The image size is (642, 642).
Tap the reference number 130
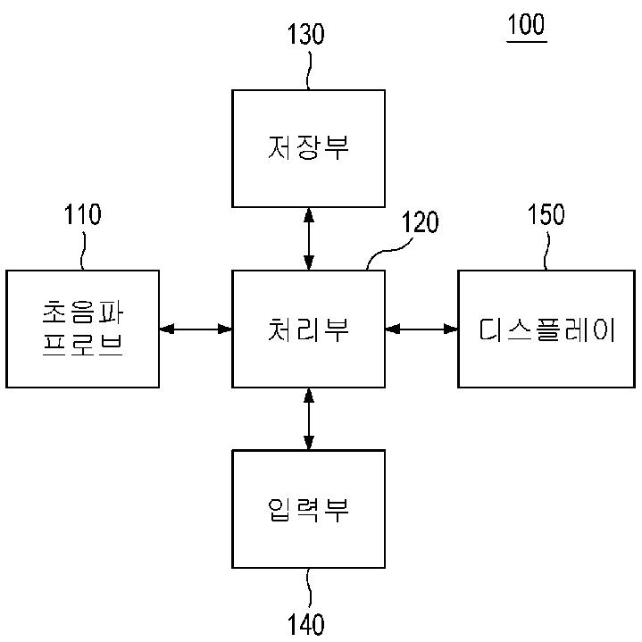click(x=305, y=34)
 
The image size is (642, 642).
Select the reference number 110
click(x=82, y=214)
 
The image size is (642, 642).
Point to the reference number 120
click(x=420, y=222)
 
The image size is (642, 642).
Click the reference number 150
click(x=546, y=214)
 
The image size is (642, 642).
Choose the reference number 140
click(x=305, y=624)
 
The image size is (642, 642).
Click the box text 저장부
click(x=308, y=148)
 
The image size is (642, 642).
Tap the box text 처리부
click(x=308, y=329)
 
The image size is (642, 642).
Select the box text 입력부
click(x=308, y=510)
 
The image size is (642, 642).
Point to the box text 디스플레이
click(x=546, y=329)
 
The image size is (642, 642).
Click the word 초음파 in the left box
click(x=82, y=313)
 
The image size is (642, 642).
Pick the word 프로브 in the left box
click(x=82, y=346)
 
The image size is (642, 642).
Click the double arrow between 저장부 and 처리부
click(x=309, y=238)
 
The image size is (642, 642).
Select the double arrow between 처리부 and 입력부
click(x=309, y=419)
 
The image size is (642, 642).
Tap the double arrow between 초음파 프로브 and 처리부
click(x=196, y=329)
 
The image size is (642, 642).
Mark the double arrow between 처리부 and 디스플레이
click(x=421, y=329)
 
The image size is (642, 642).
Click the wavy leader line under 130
click(x=309, y=70)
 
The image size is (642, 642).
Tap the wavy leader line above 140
click(x=309, y=588)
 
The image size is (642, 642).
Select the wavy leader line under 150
click(x=546, y=251)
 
